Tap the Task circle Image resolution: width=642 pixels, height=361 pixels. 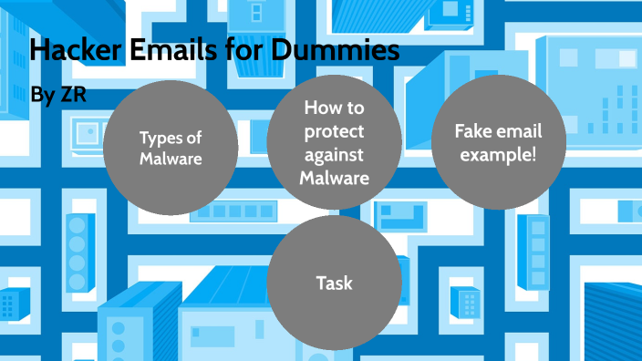(335, 284)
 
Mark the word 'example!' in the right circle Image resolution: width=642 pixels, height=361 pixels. (497, 155)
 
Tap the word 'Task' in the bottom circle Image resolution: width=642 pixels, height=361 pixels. (335, 284)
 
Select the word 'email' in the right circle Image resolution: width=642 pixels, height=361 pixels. (518, 131)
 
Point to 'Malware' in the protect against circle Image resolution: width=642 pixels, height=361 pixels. (334, 178)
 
